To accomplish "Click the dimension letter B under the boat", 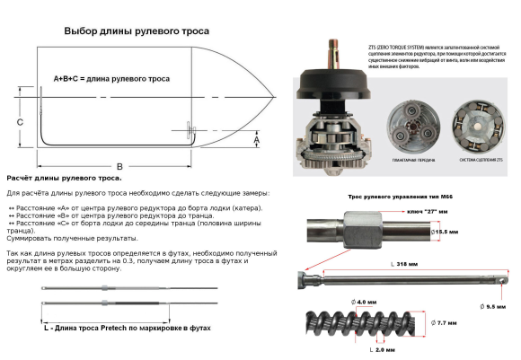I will pyautogui.click(x=119, y=167).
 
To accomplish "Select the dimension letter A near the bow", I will pyautogui.click(x=256, y=140).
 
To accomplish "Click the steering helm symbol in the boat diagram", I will pyautogui.click(x=190, y=131).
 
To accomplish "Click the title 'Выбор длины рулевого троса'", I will pyautogui.click(x=135, y=31).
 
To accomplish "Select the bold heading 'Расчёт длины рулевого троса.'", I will pyautogui.click(x=65, y=179).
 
